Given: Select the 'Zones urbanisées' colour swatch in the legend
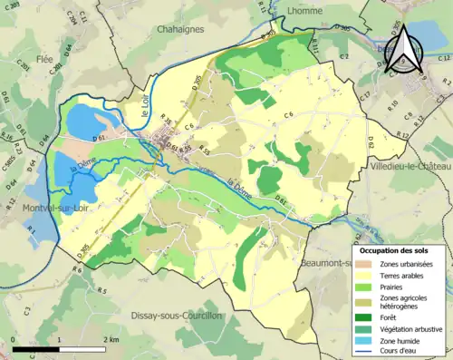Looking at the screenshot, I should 364,263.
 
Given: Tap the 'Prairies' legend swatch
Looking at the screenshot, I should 364,288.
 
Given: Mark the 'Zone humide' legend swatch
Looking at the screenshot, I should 364,343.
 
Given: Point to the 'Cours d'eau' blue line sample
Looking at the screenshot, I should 364,354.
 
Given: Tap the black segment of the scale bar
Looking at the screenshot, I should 36,348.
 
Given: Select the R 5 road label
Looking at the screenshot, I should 102,291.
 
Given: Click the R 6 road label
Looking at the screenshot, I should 78,270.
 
